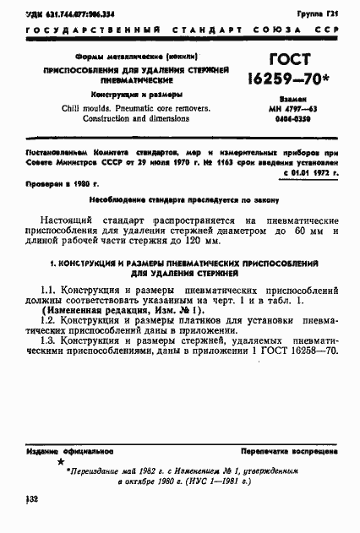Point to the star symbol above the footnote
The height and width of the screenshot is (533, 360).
(59, 464)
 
